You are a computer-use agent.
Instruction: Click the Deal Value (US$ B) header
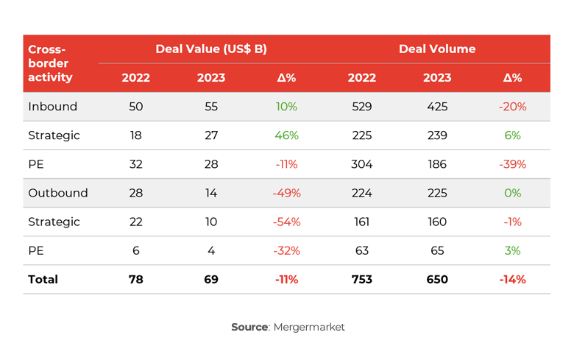click(x=210, y=49)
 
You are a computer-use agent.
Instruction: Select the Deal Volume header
click(x=437, y=49)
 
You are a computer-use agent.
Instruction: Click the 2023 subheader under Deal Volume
click(x=437, y=78)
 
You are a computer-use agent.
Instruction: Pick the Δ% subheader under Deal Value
click(x=286, y=78)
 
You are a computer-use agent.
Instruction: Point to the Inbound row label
click(x=52, y=107)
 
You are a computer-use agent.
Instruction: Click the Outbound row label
click(x=57, y=193)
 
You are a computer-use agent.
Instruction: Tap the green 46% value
click(x=286, y=135)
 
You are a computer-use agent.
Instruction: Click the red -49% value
click(x=286, y=193)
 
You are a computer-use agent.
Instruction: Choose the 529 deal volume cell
click(x=361, y=107)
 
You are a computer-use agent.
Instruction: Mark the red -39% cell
click(x=512, y=164)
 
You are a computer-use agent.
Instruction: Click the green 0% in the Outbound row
click(x=512, y=193)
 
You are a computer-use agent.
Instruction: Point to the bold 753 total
click(x=361, y=280)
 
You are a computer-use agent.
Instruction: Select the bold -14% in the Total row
click(x=512, y=280)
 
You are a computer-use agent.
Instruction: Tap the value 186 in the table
click(x=437, y=164)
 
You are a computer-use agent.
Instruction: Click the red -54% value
click(x=286, y=222)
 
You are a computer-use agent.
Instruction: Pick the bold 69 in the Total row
click(x=211, y=280)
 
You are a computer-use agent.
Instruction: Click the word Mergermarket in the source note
click(x=309, y=327)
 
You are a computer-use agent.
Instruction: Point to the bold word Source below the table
click(x=249, y=327)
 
